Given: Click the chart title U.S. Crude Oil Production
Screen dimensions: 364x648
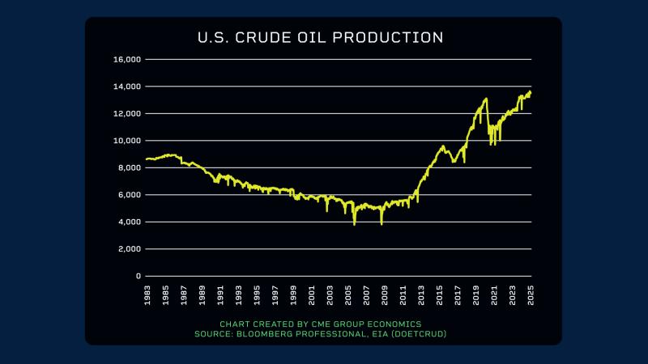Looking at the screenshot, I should (x=321, y=38).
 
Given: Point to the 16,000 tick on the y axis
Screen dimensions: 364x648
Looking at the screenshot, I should (x=129, y=59).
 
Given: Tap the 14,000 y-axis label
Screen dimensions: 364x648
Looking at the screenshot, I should (x=129, y=87).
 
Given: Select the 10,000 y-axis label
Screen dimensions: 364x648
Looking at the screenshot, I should (x=129, y=141).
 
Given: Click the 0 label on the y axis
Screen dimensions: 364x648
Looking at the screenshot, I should (x=139, y=276).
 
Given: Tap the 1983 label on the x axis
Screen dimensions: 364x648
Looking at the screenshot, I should (x=147, y=295).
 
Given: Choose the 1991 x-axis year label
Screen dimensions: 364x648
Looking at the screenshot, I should (x=220, y=295).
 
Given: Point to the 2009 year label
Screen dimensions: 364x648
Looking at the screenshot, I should (x=385, y=295).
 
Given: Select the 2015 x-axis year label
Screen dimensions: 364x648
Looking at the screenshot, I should (x=440, y=295).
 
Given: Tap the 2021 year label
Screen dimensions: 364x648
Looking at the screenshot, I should (x=495, y=295).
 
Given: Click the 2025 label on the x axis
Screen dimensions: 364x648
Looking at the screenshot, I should (x=531, y=295).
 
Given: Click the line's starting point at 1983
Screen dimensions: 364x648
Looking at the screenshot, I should (x=147, y=159).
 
